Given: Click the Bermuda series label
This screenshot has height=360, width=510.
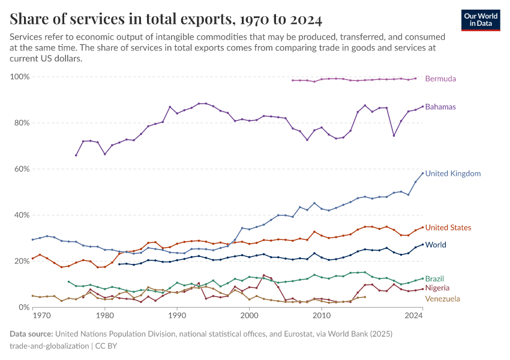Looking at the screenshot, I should point(440,79).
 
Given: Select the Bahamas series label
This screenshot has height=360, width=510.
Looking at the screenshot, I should point(440,107).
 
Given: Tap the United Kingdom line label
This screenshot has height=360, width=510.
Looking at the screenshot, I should point(453,173).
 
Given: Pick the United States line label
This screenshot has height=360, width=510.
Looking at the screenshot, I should point(448,227).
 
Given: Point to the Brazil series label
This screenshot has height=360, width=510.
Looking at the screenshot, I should point(435,279).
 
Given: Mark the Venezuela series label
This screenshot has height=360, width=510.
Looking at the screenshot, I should point(443,298).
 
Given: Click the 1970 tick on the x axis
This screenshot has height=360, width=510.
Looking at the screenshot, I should point(41,315).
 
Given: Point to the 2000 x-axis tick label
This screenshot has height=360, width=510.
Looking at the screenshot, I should point(249,315).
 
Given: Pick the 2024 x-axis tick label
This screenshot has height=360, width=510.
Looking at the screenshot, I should point(414,315).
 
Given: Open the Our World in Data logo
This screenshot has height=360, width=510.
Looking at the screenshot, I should point(481,19).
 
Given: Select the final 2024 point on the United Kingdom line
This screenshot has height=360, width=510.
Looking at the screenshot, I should point(422,173).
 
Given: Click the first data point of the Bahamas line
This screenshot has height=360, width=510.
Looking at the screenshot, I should point(76,155).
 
